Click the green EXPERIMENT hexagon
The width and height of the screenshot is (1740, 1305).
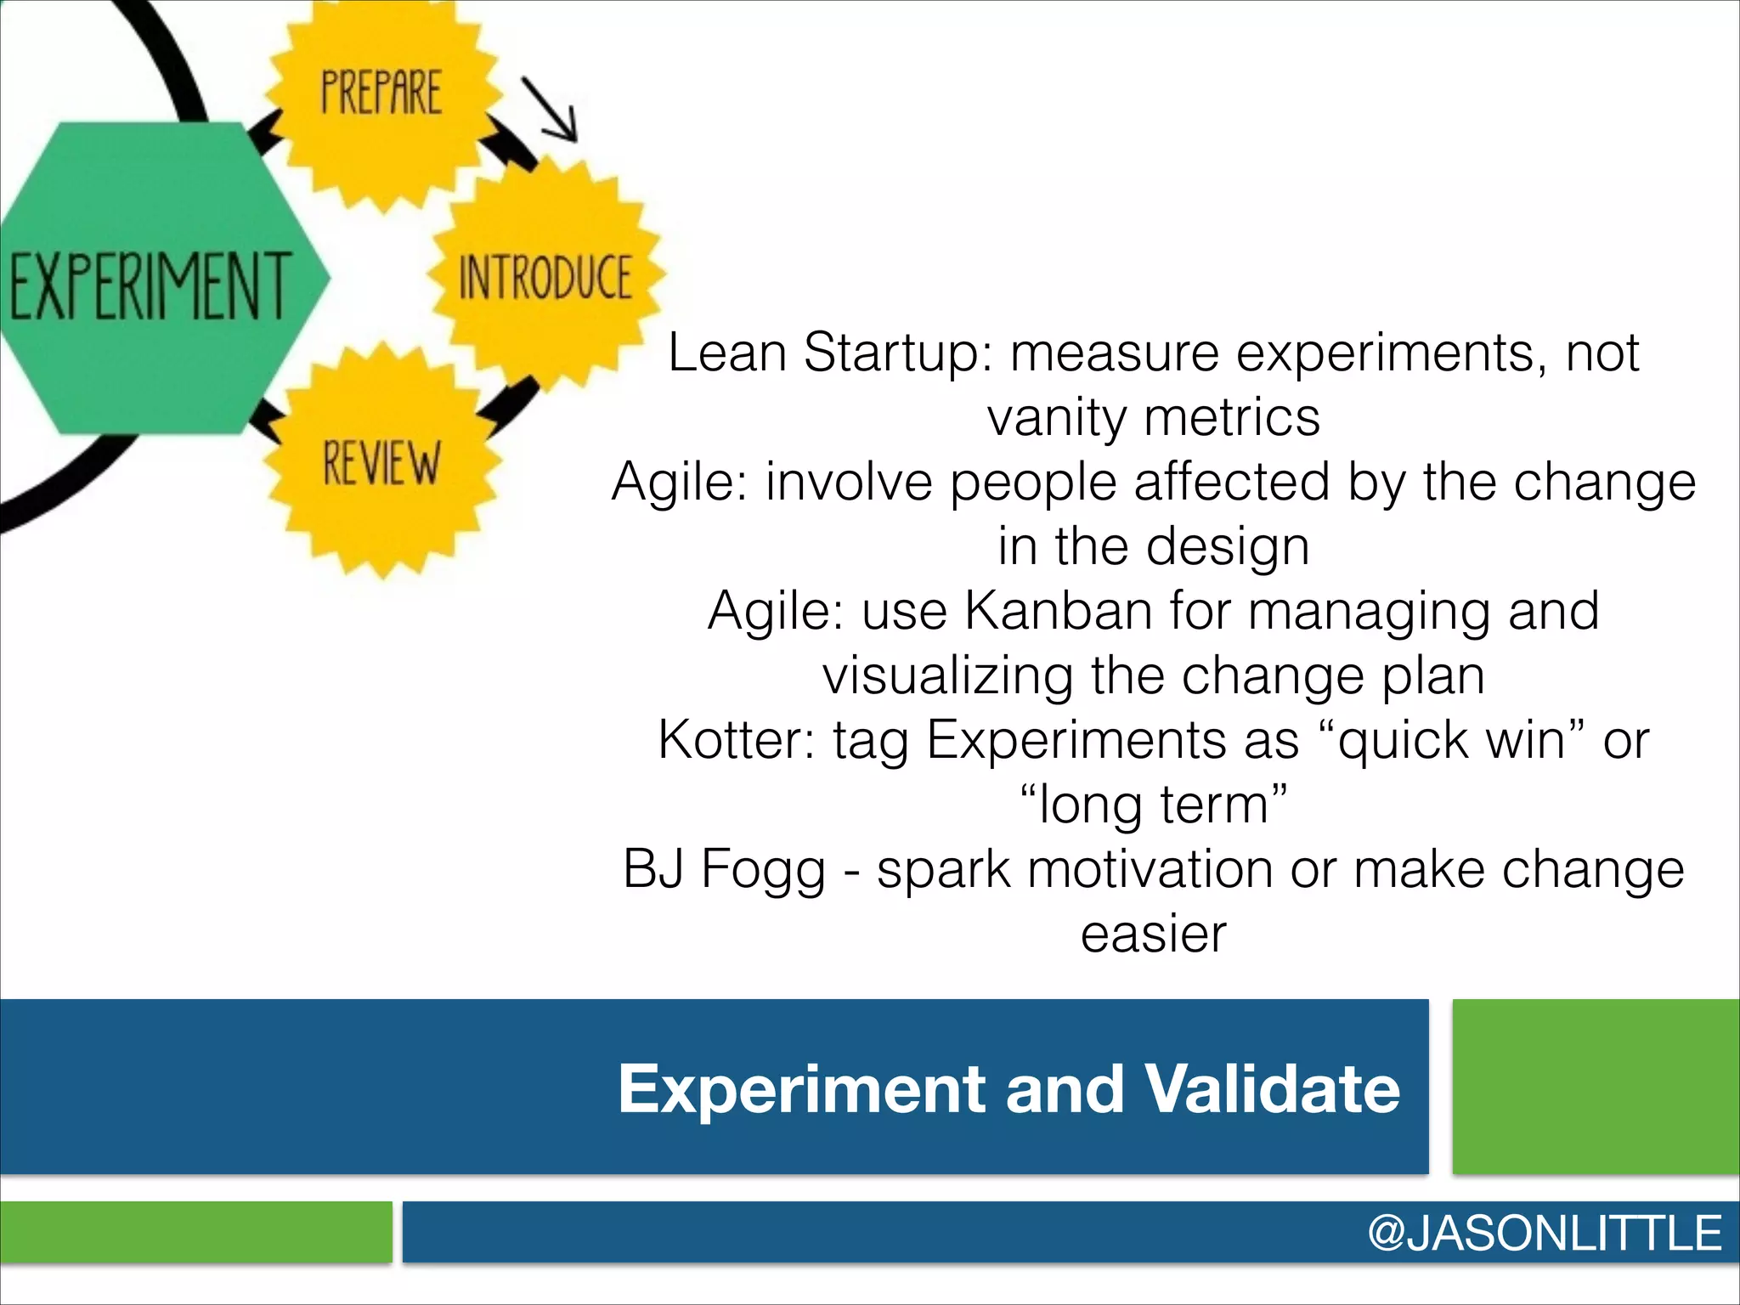coord(153,280)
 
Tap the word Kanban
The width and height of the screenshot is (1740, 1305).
coord(1058,611)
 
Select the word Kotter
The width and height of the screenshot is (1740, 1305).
coord(736,740)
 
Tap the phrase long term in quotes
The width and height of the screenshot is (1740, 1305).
coord(1154,805)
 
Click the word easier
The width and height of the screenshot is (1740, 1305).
coord(1153,934)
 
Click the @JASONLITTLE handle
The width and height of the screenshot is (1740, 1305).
coord(1544,1233)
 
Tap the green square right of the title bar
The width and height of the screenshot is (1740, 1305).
coord(1596,1087)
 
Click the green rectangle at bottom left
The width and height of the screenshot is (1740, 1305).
coord(195,1231)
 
